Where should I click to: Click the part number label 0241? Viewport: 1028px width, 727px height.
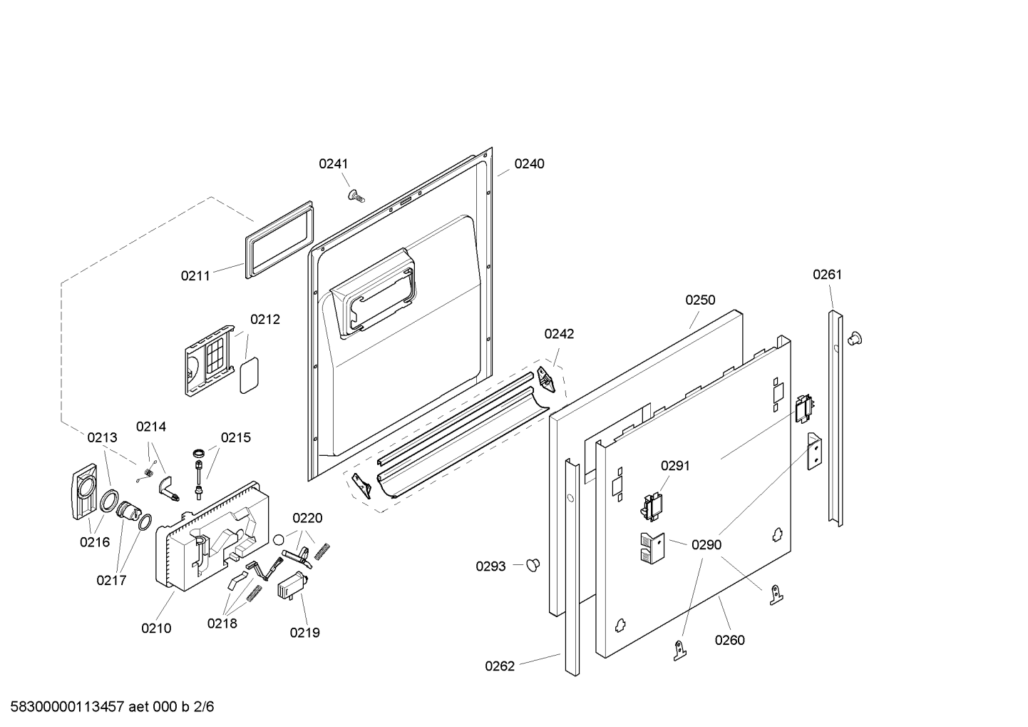333,163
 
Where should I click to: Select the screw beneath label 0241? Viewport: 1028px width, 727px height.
356,195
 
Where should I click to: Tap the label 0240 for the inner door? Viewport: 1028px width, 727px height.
529,163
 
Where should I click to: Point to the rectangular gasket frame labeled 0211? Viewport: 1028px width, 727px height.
279,239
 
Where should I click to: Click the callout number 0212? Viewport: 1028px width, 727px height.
264,319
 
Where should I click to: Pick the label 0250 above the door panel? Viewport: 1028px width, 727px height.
700,300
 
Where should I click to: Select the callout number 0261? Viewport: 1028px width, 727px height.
828,275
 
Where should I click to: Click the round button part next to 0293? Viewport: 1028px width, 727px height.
533,564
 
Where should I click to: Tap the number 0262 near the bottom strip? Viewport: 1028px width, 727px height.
500,666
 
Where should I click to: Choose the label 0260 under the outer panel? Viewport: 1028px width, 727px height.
730,640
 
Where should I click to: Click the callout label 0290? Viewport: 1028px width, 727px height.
706,544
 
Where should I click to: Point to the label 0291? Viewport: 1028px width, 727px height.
675,466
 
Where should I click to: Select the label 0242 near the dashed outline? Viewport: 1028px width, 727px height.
559,334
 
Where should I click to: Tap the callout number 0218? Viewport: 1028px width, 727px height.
222,624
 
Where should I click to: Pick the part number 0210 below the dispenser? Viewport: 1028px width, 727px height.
156,629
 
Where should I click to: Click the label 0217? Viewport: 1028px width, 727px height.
111,581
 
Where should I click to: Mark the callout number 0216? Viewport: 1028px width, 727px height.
95,542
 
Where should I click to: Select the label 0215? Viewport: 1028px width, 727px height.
236,437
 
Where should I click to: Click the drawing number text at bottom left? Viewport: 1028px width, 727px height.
112,706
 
